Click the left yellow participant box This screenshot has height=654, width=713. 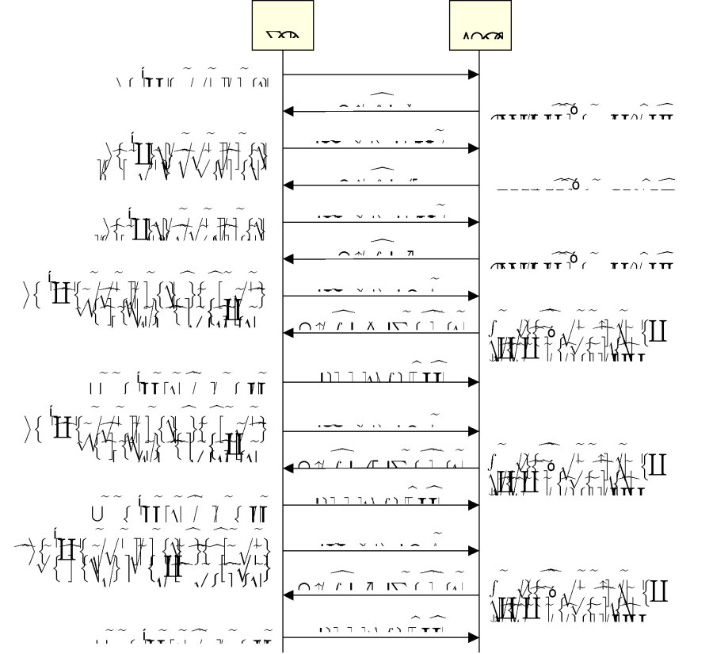[283, 25]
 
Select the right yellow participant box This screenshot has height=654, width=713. [480, 25]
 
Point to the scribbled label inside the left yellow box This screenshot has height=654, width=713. [283, 35]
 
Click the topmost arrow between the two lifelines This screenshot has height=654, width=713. [380, 75]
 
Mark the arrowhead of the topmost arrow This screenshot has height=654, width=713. [474, 75]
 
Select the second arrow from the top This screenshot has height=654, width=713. [380, 112]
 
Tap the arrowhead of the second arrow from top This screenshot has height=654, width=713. [289, 112]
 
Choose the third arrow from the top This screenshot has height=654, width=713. [380, 148]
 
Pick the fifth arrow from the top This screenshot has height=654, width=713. [380, 222]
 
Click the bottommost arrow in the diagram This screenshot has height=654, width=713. [380, 637]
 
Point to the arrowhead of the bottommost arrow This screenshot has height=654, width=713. [474, 637]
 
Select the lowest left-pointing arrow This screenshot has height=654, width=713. [380, 595]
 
